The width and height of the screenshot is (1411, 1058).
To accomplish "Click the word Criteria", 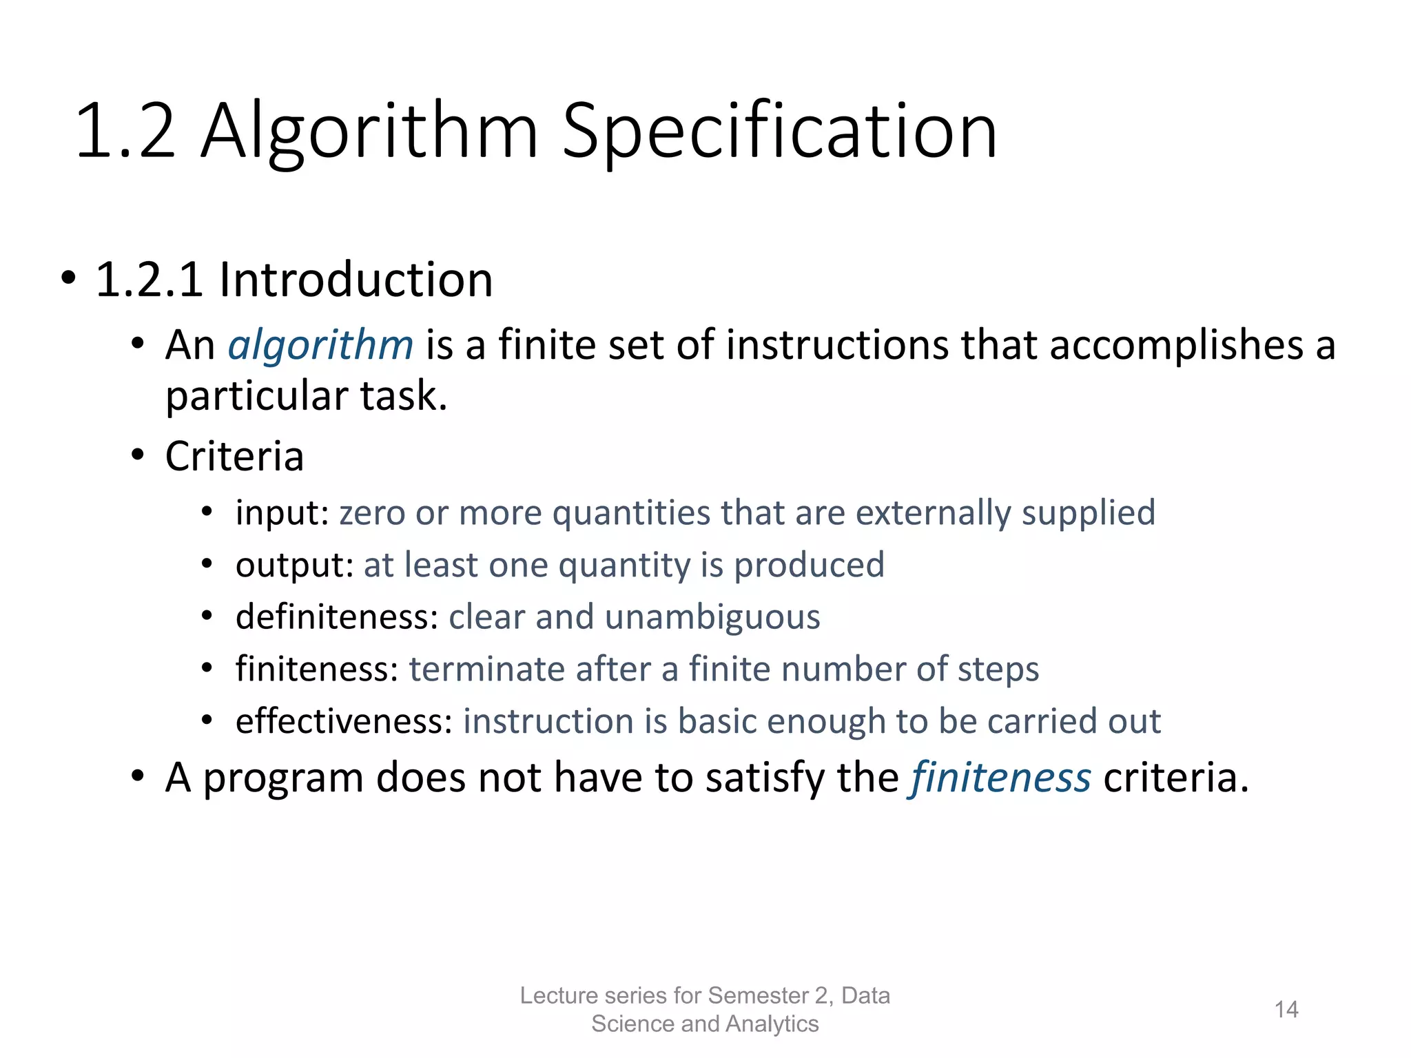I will (234, 456).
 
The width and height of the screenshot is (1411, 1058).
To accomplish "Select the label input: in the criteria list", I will (282, 513).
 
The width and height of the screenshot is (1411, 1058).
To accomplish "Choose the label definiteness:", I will (337, 616).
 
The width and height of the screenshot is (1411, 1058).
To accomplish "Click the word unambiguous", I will (712, 616).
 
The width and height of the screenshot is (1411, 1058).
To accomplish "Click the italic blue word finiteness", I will (1001, 778).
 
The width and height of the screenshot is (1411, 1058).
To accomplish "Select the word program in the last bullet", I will (282, 779).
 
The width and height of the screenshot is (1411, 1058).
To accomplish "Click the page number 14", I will (1286, 1010).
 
